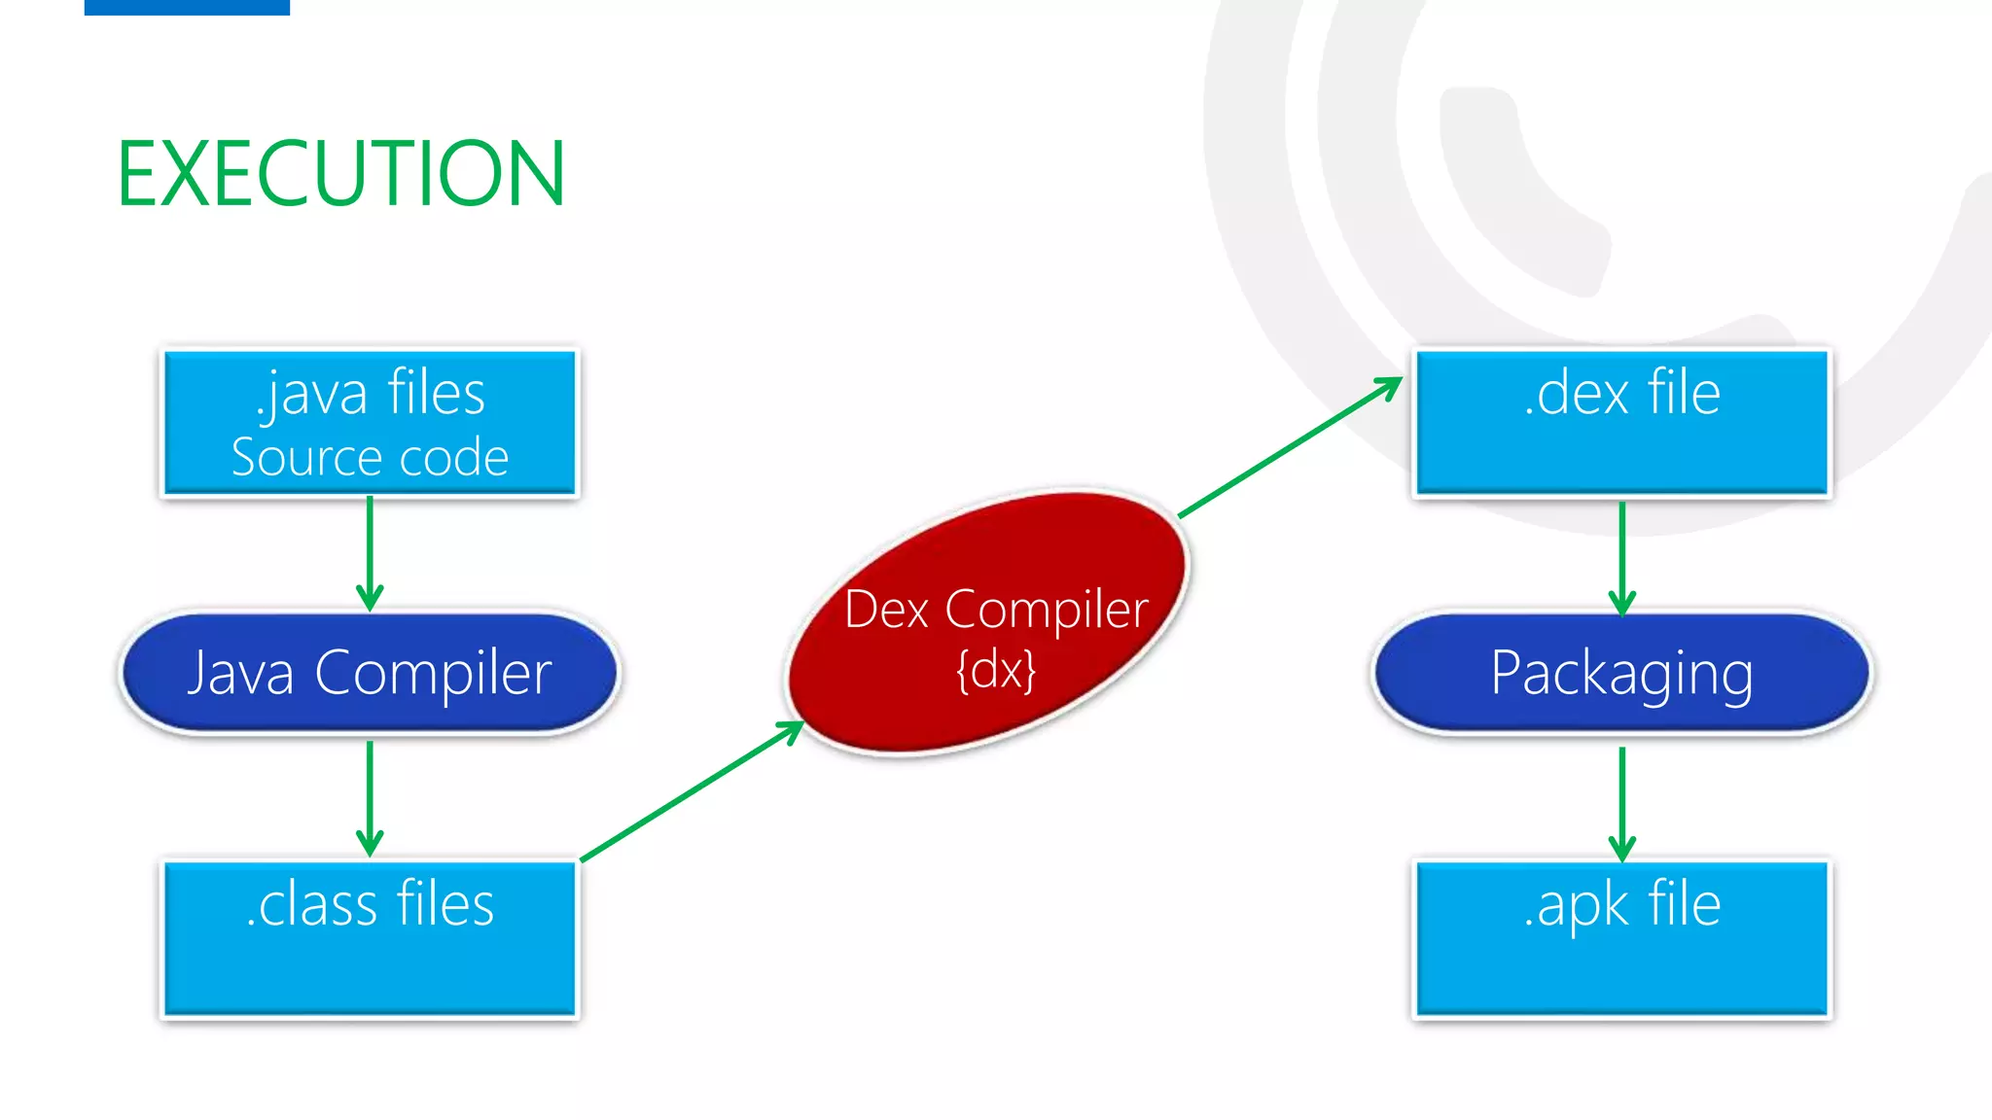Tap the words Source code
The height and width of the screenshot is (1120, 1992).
pos(370,457)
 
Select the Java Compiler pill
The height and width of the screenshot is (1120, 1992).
pos(370,673)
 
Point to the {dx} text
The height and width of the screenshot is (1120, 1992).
pos(996,670)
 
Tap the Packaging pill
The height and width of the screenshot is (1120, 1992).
pos(1621,673)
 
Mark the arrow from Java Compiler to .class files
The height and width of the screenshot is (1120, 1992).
pos(370,797)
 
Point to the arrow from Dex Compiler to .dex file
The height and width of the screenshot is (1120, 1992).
pos(1289,447)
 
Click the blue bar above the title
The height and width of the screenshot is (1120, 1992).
pos(187,7)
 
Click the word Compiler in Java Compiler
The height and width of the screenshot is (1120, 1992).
pos(433,673)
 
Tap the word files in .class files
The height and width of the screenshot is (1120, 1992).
pos(445,904)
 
